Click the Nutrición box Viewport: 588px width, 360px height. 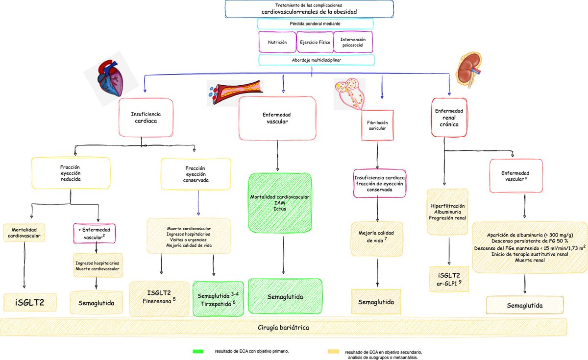277,42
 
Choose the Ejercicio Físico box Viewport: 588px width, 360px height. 315,42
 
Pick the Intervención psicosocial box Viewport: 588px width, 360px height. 352,42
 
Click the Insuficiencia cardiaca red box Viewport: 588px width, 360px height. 146,117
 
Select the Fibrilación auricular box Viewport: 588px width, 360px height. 377,125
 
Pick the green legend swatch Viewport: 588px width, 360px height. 198,351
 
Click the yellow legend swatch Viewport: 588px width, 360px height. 334,351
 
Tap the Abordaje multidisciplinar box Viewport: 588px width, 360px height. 316,60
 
